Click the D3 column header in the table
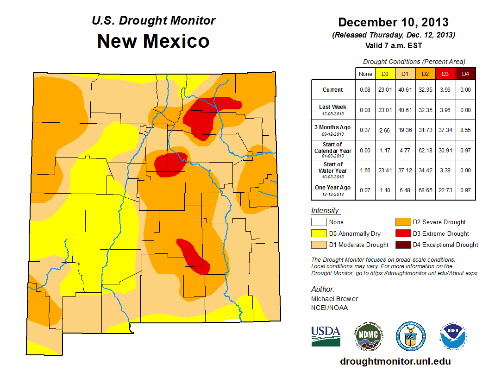445,73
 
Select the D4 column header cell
465,73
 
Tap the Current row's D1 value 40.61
404,90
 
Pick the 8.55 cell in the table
465,130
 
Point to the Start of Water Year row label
333,170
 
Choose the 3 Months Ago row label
333,129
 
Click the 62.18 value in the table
425,151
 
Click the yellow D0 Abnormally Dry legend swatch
318,233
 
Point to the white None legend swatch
318,222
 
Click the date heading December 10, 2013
393,22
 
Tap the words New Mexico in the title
153,41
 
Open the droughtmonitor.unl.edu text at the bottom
395,361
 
